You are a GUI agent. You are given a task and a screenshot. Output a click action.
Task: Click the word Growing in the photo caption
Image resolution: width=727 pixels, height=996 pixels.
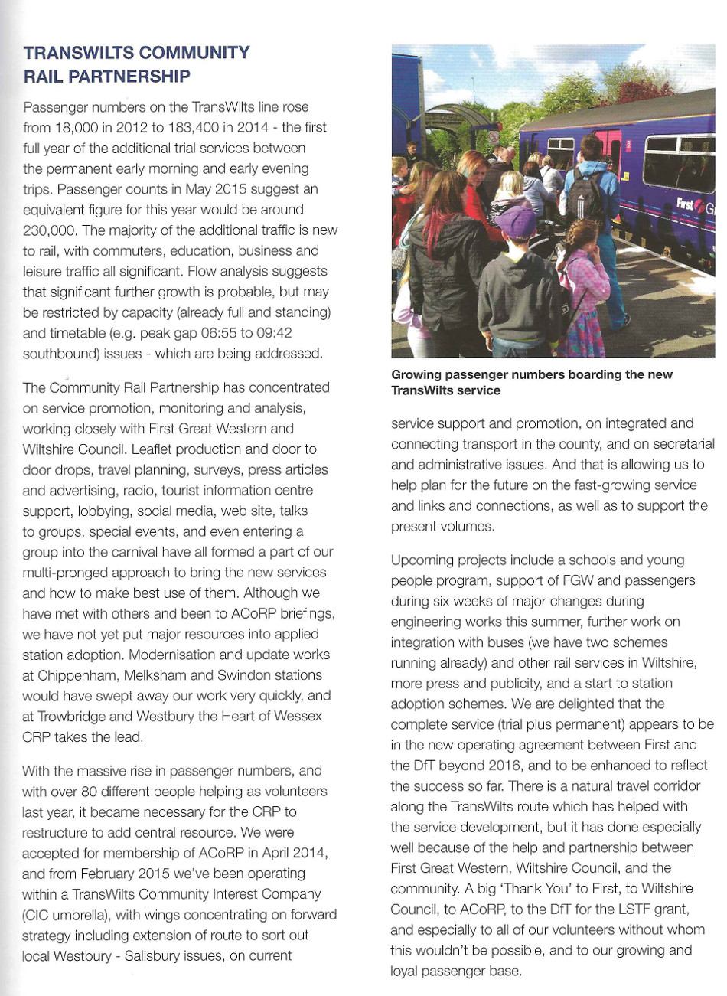[x=418, y=375]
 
